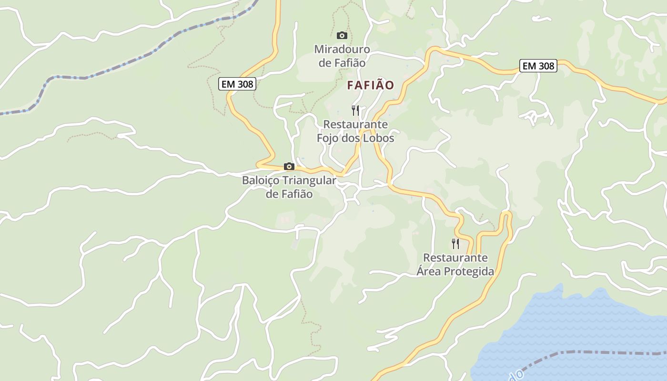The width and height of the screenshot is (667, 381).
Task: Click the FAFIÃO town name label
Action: (x=371, y=85)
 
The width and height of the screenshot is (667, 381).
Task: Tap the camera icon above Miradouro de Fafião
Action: (x=342, y=35)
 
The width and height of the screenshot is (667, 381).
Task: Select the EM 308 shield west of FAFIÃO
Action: (x=238, y=84)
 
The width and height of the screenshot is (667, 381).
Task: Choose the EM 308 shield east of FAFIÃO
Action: (x=538, y=66)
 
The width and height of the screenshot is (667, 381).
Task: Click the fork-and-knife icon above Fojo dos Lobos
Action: (x=355, y=110)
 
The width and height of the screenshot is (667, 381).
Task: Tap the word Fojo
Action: (x=328, y=138)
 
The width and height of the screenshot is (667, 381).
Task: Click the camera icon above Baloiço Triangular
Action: (x=289, y=166)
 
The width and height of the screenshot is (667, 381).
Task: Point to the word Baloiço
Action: (x=261, y=180)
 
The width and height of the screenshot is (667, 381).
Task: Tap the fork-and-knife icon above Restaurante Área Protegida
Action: (x=455, y=244)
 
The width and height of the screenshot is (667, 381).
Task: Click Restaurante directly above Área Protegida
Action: (x=455, y=258)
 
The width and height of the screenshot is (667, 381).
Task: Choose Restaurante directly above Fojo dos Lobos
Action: (x=355, y=124)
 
